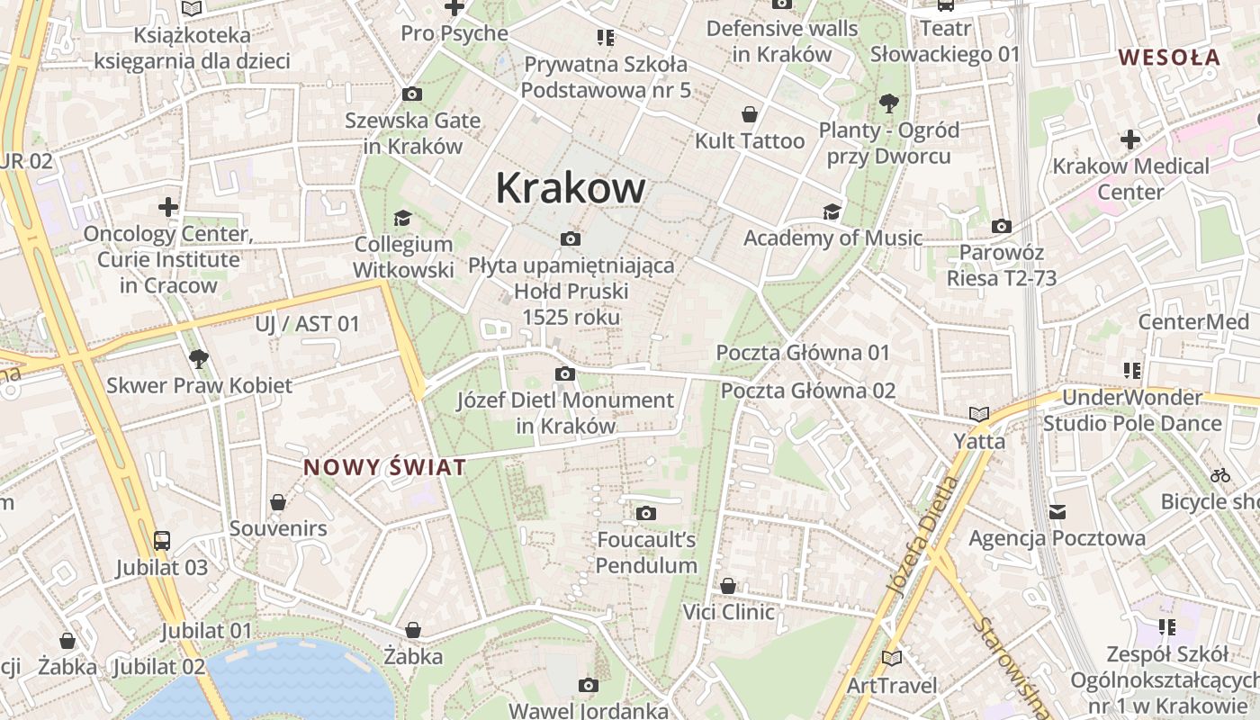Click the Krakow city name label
(571, 188)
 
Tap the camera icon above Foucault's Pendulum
(645, 514)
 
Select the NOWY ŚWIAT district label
(385, 467)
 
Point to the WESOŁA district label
(1169, 58)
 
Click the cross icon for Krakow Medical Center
(1130, 139)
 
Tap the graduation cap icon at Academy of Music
(832, 211)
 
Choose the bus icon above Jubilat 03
(162, 540)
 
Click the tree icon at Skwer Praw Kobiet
(199, 359)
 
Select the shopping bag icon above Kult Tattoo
(749, 114)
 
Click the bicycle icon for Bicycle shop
(1220, 475)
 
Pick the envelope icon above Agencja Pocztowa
(1057, 512)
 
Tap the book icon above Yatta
(979, 415)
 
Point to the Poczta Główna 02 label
(808, 391)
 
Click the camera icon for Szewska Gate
(412, 94)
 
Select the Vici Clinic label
(728, 612)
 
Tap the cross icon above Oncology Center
(168, 208)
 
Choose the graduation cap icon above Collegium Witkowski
(402, 219)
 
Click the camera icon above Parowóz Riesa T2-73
(1001, 226)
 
